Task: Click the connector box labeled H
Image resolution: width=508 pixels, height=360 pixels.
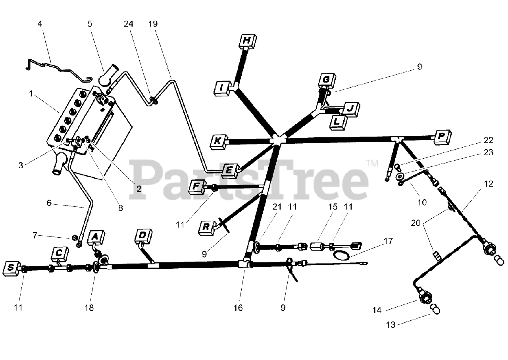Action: pyautogui.click(x=247, y=40)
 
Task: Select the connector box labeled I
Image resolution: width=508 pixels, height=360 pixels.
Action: pyautogui.click(x=222, y=88)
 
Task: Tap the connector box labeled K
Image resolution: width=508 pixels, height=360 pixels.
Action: pyautogui.click(x=217, y=141)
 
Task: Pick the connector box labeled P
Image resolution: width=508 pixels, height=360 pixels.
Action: pyautogui.click(x=441, y=137)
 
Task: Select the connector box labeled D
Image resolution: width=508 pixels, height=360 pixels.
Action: pyautogui.click(x=142, y=236)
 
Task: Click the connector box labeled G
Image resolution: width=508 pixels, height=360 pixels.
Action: pyautogui.click(x=326, y=80)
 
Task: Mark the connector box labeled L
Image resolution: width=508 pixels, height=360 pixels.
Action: pyautogui.click(x=337, y=122)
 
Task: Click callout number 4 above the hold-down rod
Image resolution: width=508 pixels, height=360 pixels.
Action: pyautogui.click(x=40, y=24)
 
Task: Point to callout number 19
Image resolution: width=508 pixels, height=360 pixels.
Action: pyautogui.click(x=153, y=24)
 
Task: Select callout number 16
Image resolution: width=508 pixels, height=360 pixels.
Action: pyautogui.click(x=238, y=308)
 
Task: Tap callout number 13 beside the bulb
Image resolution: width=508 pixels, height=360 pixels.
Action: pyautogui.click(x=391, y=325)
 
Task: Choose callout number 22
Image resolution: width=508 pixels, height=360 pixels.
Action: pyautogui.click(x=488, y=141)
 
